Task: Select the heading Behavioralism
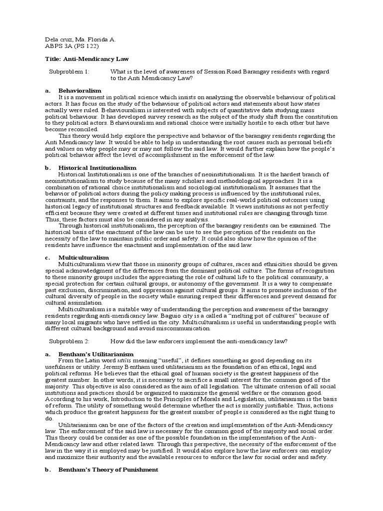[80, 90]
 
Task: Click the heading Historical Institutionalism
[97, 168]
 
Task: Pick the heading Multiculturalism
[83, 257]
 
